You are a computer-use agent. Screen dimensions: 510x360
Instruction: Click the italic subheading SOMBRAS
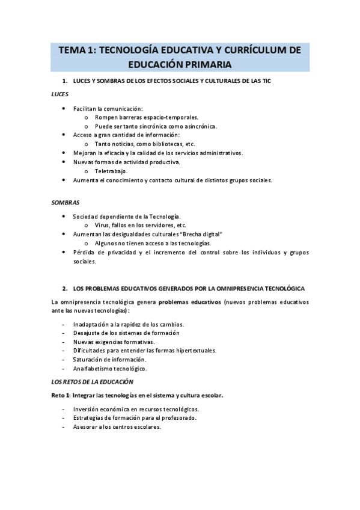[x=66, y=202]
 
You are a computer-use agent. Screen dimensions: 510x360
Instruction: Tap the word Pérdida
[x=84, y=253]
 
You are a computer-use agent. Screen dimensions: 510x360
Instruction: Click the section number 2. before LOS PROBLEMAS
[x=64, y=289]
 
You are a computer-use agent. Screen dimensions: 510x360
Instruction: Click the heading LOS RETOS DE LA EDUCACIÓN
[x=93, y=382]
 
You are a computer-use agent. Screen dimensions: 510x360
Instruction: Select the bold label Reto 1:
[x=62, y=396]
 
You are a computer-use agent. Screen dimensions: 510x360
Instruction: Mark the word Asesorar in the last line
[x=86, y=427]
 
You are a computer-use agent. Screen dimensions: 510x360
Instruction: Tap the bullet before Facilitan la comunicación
[x=64, y=108]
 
